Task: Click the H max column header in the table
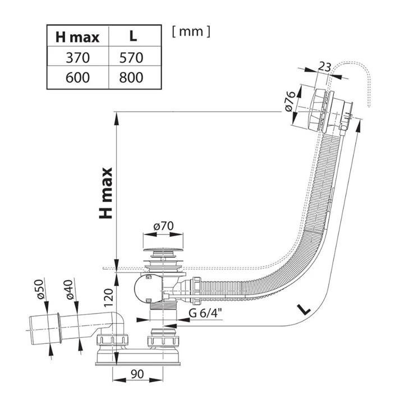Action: tap(77, 38)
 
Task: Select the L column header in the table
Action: tap(133, 38)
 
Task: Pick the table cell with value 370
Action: tap(77, 57)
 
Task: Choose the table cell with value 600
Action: tap(77, 77)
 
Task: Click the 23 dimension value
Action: tap(324, 66)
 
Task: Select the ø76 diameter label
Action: tap(290, 101)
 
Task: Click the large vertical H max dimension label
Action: tap(105, 193)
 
